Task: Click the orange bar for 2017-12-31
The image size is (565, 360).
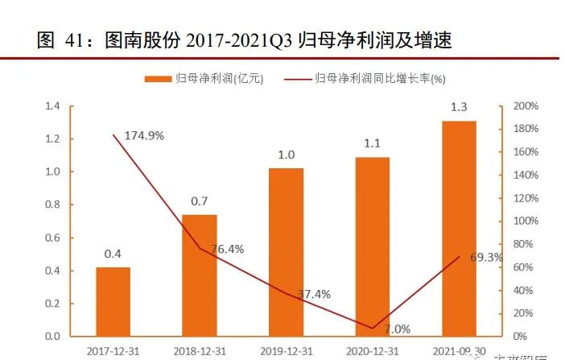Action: point(113,301)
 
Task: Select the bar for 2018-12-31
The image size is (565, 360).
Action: point(200,275)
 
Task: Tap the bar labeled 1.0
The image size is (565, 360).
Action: point(287,252)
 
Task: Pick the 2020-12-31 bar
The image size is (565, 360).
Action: point(373,246)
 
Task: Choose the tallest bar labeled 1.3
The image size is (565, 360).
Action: point(459,229)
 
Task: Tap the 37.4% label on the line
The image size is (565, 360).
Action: point(313,294)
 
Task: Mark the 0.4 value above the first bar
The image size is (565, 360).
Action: point(113,254)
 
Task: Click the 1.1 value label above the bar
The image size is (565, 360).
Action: point(373,144)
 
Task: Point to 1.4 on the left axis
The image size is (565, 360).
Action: point(53,106)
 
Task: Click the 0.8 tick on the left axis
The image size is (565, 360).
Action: point(53,205)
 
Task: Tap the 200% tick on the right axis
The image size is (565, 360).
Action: point(526,106)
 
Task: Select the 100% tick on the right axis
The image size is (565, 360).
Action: point(526,221)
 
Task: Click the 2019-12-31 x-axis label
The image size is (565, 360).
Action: point(287,350)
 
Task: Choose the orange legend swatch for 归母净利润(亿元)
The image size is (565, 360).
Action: point(159,78)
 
